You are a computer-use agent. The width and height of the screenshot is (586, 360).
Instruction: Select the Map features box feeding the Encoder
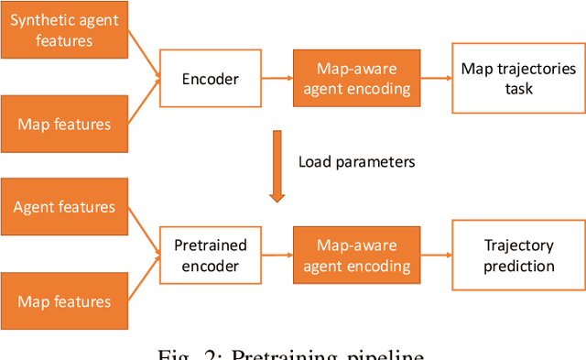(x=64, y=124)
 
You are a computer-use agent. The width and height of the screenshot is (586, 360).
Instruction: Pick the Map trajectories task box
(x=518, y=80)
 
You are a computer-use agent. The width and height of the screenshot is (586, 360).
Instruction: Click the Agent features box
(x=64, y=207)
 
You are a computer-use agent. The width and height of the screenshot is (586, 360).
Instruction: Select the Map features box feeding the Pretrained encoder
(x=64, y=301)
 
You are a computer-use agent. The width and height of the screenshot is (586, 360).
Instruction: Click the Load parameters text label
(x=356, y=162)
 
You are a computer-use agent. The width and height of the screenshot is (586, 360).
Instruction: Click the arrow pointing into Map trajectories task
(x=434, y=80)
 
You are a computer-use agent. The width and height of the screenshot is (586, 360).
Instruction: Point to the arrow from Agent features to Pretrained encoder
(x=144, y=231)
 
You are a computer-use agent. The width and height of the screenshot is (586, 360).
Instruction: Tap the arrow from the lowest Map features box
(x=144, y=280)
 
